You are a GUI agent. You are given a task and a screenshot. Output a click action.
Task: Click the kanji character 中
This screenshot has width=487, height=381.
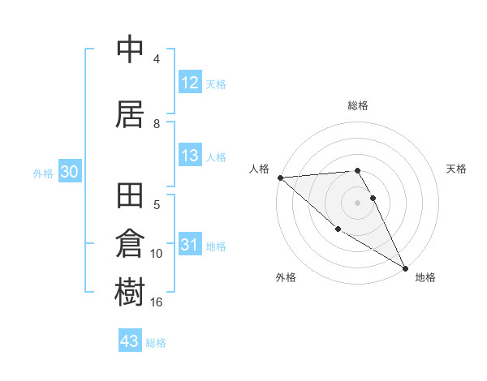(x=131, y=50)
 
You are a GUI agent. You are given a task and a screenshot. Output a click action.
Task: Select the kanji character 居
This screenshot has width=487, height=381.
(x=131, y=115)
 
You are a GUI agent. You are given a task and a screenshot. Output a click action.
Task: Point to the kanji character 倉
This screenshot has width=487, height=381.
(x=131, y=246)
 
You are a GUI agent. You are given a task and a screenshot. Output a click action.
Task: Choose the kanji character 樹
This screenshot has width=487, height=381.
(x=131, y=293)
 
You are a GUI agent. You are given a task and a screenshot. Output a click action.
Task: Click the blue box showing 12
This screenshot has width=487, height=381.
(x=190, y=83)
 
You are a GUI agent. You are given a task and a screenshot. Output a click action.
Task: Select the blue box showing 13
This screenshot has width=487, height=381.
(x=190, y=156)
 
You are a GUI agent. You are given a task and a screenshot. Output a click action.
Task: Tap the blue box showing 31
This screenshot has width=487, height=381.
(x=190, y=246)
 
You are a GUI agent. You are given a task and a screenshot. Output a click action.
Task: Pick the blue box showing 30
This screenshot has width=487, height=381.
(x=69, y=173)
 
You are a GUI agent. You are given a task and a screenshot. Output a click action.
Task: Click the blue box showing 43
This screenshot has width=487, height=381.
(x=130, y=341)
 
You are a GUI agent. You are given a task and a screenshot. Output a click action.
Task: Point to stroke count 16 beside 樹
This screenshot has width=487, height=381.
(x=157, y=302)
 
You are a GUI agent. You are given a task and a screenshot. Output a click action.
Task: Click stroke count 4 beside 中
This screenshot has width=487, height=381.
(x=157, y=59)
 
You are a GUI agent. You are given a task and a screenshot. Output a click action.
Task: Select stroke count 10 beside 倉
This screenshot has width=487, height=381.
(x=157, y=254)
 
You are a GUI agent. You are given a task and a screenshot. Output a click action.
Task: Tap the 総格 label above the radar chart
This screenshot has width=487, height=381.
(x=358, y=105)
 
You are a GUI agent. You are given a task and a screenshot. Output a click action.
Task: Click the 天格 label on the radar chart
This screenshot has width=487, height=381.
(x=457, y=169)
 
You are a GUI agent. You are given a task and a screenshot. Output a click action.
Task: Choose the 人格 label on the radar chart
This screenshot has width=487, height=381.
(x=259, y=169)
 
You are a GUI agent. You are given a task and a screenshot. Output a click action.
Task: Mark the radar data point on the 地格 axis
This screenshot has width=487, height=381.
(x=405, y=268)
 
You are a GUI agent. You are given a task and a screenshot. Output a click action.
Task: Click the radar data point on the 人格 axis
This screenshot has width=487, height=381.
(x=280, y=178)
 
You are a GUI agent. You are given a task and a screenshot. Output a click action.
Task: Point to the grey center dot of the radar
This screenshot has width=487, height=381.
(x=357, y=202)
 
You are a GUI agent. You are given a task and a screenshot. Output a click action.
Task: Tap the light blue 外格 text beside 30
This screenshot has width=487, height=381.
(x=43, y=173)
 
